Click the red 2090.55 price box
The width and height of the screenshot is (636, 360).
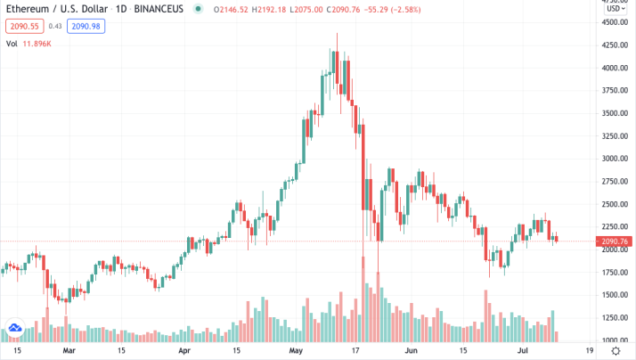coord(20,28)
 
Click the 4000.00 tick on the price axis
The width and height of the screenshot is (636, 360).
coord(613,68)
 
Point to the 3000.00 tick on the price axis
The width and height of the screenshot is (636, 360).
coord(613,159)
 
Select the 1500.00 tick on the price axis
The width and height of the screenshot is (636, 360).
coord(613,295)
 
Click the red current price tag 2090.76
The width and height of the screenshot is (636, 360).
coord(614,241)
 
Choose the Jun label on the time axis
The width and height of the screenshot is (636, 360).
coord(411,351)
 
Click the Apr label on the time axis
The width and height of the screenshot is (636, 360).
coord(185,351)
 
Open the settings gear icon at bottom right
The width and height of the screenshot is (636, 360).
coord(614,351)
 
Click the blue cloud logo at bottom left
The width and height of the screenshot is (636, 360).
coord(13,330)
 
